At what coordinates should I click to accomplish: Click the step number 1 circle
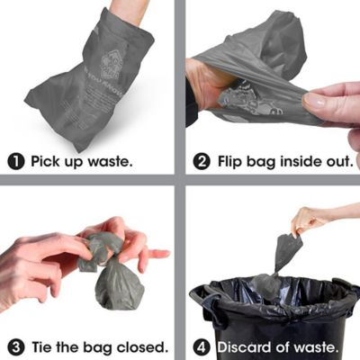click(16, 162)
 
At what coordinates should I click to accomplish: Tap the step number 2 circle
click(203, 162)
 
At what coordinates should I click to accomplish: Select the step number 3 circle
click(16, 346)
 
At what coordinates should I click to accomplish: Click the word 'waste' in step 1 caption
click(107, 162)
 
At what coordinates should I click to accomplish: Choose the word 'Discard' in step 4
click(246, 346)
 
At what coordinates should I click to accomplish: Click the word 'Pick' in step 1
click(47, 162)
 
